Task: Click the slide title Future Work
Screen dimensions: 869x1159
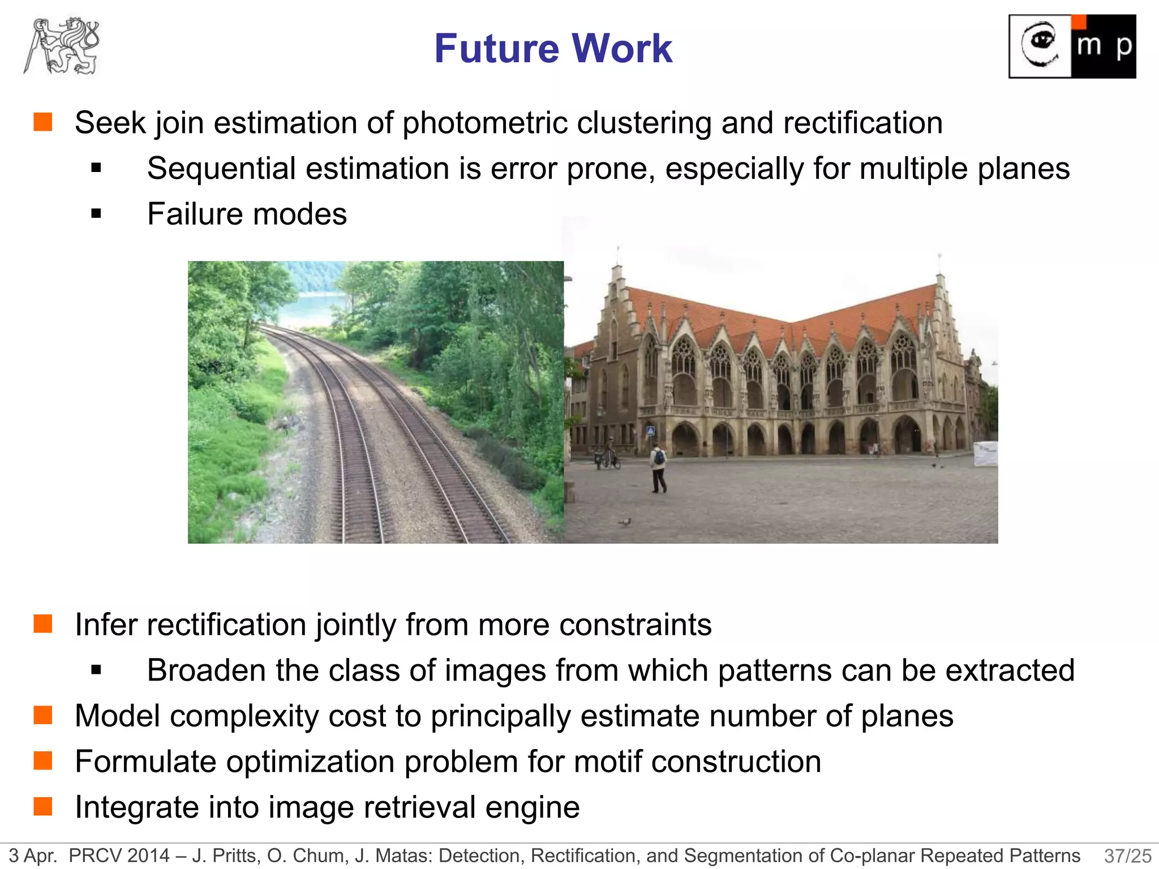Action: pos(553,49)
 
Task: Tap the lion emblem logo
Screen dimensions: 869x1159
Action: pos(62,46)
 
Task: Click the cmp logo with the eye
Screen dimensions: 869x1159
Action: pos(1072,46)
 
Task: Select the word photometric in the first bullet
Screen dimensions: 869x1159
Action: pos(484,123)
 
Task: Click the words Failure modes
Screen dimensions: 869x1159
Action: pos(247,214)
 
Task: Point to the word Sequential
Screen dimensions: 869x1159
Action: pos(221,169)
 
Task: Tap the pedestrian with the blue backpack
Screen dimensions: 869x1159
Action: pos(658,467)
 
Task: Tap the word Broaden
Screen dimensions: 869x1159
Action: pos(206,670)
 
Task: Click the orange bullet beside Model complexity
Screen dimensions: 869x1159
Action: pos(43,715)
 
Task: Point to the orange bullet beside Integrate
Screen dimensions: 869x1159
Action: pos(43,806)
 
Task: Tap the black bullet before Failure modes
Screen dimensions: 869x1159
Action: pos(96,214)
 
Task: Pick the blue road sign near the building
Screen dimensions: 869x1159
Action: pos(651,431)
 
